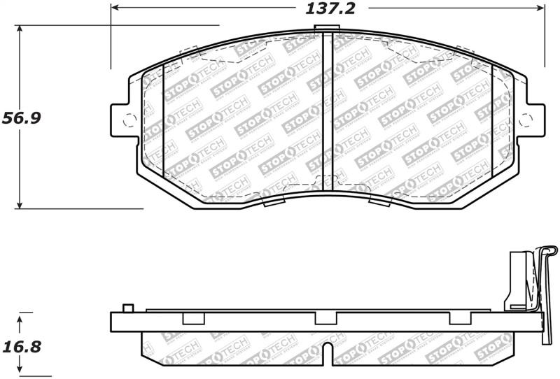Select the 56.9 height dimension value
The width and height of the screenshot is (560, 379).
tap(20, 117)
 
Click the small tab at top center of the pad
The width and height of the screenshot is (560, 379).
tap(323, 29)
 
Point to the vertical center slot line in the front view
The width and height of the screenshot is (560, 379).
tap(323, 112)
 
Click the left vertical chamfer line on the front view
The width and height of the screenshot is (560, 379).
tap(162, 119)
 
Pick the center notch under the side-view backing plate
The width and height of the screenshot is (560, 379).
tap(323, 319)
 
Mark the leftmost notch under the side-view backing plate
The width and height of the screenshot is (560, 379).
tap(192, 319)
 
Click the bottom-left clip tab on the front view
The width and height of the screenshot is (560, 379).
tap(272, 202)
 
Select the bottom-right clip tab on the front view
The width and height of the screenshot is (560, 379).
tap(379, 202)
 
